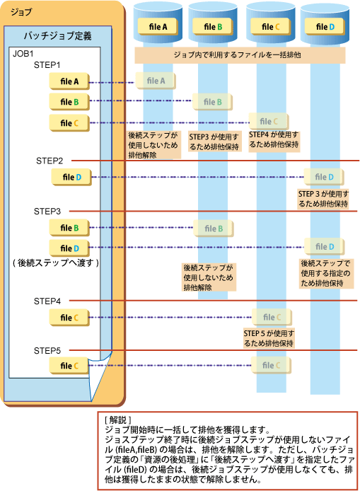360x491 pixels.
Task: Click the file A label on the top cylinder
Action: click(158, 27)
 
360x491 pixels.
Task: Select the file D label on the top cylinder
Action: click(325, 27)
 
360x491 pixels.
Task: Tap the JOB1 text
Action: click(23, 54)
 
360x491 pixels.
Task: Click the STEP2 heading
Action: click(50, 161)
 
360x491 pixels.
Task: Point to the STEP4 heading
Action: click(47, 301)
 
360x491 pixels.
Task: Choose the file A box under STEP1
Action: click(69, 81)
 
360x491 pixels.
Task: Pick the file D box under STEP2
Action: click(71, 178)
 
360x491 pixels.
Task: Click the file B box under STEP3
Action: click(69, 228)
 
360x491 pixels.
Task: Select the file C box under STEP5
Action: click(69, 366)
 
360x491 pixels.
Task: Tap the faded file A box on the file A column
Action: click(156, 81)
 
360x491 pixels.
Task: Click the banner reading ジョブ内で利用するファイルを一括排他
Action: click(240, 55)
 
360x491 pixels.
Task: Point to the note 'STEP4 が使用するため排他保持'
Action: click(274, 139)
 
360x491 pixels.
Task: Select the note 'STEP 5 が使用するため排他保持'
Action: click(269, 338)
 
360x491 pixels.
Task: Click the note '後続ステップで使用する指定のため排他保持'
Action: click(325, 273)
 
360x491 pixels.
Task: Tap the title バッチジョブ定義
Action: click(58, 35)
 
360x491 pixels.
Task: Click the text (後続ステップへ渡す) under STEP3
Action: click(56, 262)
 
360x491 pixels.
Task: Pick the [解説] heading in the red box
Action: click(118, 420)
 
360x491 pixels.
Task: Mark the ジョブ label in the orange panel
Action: click(21, 12)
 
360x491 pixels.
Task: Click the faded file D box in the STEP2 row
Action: click(324, 177)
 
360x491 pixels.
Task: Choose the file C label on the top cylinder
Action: click(270, 27)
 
